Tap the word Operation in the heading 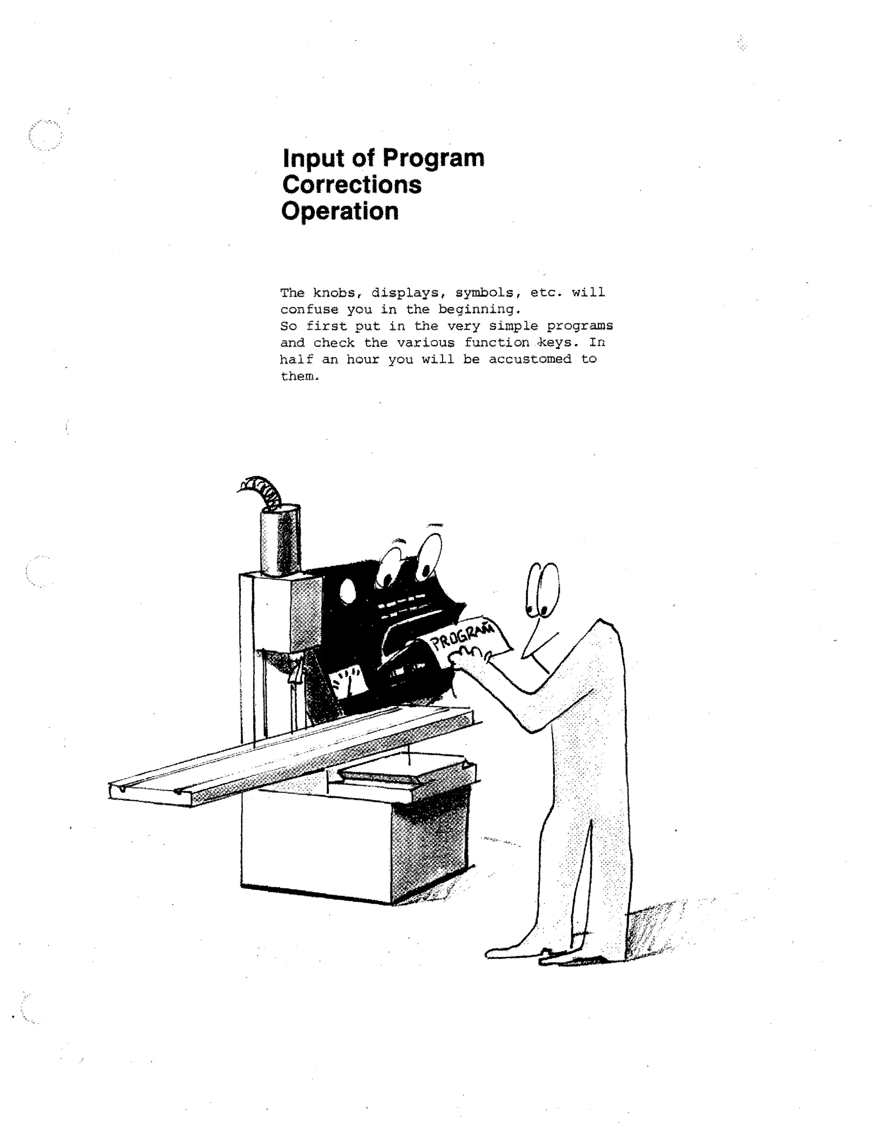click(x=340, y=211)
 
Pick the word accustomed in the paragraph click(x=530, y=360)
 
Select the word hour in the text click(x=363, y=360)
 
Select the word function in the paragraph click(x=497, y=343)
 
